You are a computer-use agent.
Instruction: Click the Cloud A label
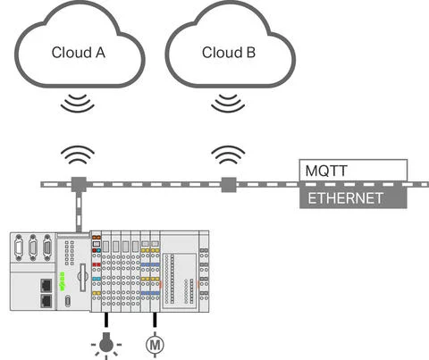coord(79,53)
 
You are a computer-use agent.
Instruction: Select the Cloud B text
coord(229,53)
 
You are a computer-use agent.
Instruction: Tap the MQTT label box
coord(354,169)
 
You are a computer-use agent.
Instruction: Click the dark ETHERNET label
coord(354,197)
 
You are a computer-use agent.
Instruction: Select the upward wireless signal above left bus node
coord(78,157)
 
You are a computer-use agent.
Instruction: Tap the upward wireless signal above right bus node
coord(229,157)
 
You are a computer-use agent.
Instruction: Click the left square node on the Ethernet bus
coord(78,185)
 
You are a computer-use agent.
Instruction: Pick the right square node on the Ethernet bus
coord(229,185)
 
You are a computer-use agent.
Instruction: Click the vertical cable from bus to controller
coord(78,211)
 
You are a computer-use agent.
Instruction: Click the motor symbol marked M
coord(156,341)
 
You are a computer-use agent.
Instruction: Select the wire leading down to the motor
coord(156,320)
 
